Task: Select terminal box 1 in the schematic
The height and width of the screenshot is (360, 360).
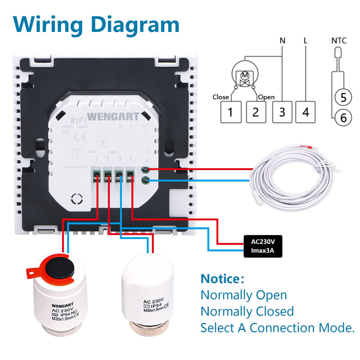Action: [230, 112]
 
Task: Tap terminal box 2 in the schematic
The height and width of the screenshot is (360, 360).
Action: [256, 112]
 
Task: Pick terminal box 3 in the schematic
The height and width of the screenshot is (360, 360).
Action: [282, 112]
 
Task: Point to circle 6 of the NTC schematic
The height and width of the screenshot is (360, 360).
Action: [343, 118]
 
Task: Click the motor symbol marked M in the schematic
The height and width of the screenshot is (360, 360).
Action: [246, 78]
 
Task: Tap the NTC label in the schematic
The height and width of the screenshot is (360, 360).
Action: [339, 40]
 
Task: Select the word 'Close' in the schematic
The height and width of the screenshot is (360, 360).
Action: [220, 97]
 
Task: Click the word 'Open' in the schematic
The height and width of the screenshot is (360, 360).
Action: [266, 97]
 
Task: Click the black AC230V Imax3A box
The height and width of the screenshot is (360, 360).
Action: [263, 246]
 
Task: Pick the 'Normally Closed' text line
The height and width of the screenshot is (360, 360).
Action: [247, 311]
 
